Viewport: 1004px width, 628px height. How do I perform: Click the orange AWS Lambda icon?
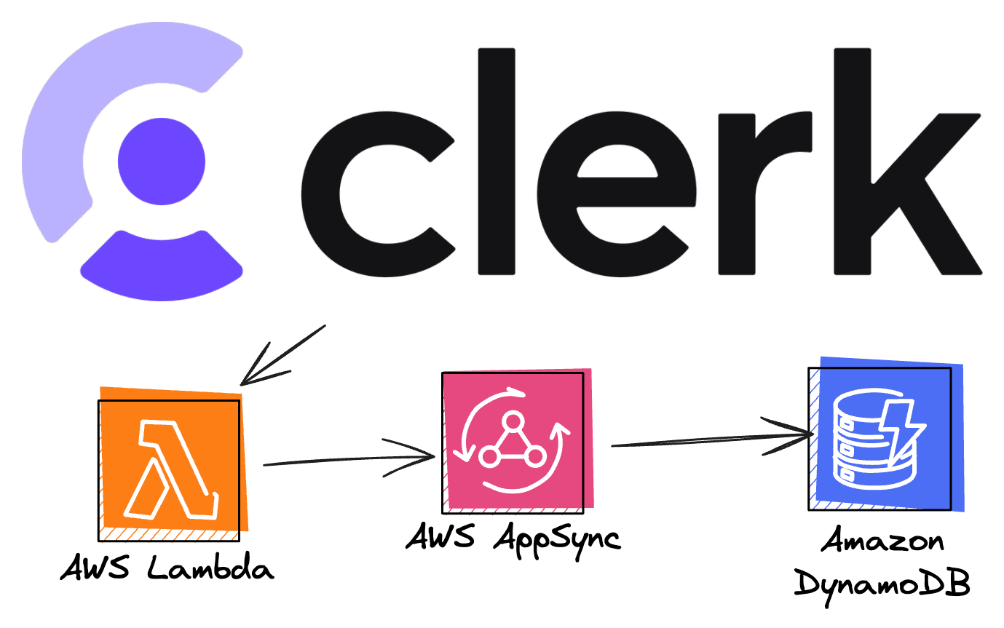(x=173, y=466)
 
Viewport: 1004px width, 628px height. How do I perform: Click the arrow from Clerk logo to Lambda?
(x=280, y=357)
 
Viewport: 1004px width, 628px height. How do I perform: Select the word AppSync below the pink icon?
(x=556, y=539)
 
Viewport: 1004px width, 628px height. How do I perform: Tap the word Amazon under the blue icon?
(x=882, y=541)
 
